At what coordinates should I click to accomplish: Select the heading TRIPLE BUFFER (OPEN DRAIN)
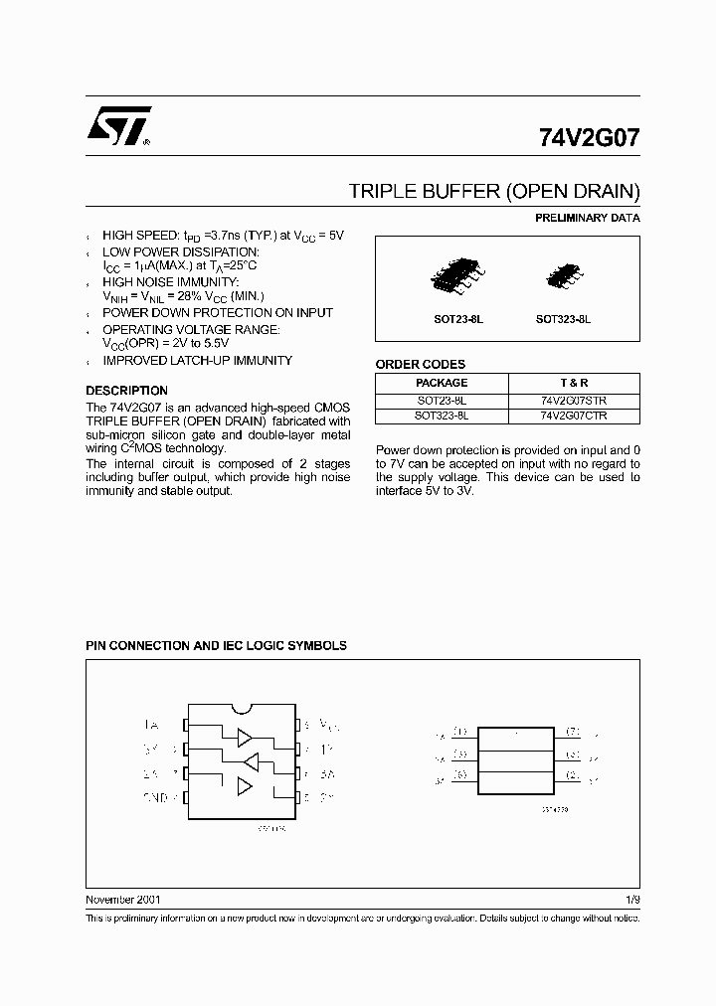coord(493,191)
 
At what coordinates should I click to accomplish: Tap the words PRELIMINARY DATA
coord(588,218)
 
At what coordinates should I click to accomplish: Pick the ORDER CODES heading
coord(420,365)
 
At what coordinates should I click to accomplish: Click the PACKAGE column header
coord(442,383)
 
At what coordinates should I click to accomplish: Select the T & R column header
coord(574,383)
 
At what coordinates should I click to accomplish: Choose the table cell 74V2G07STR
coord(574,400)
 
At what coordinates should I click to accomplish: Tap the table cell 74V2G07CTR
coord(574,416)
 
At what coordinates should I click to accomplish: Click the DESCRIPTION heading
coord(126,391)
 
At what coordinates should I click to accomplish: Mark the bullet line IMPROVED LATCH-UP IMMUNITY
coord(197,361)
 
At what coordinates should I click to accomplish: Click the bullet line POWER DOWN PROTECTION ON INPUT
coord(218,313)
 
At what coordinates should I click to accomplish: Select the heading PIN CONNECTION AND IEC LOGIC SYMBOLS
coord(216,645)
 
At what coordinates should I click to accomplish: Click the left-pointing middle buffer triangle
coord(251,761)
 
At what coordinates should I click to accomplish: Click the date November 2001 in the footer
coord(122,899)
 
